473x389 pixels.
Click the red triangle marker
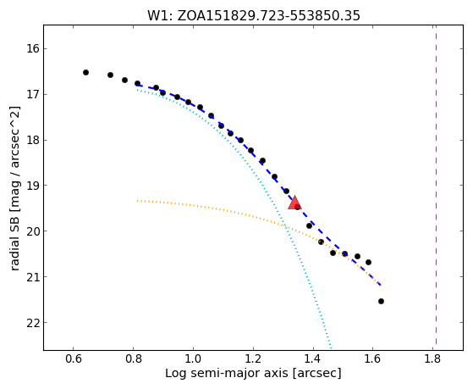coord(294,203)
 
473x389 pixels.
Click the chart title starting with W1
coord(254,16)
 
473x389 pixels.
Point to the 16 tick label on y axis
coord(33,48)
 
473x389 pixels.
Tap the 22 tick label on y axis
coord(33,323)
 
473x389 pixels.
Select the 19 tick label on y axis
coord(33,186)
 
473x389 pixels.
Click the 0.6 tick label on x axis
coord(73,358)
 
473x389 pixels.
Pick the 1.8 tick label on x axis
coord(433,358)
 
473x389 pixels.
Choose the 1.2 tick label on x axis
coord(253,358)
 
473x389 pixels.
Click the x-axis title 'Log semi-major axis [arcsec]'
coord(253,373)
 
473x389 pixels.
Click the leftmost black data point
coord(86,73)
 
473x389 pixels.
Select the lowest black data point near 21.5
coord(381,302)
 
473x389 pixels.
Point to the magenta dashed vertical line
coord(437,185)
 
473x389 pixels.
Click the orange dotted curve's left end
coord(137,201)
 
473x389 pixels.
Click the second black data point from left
coord(110,75)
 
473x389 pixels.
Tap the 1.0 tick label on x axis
coord(193,358)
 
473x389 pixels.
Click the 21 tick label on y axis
coord(33,277)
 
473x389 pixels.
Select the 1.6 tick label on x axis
coord(373,358)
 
